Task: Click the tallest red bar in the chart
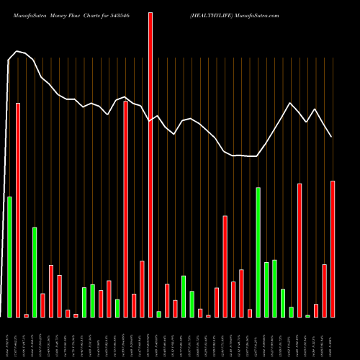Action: pyautogui.click(x=150, y=164)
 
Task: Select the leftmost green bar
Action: pyautogui.click(x=9, y=256)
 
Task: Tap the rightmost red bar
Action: pyautogui.click(x=333, y=248)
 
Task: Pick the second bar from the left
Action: pyautogui.click(x=18, y=210)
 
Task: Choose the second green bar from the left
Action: pyautogui.click(x=34, y=271)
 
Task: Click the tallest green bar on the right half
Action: pyautogui.click(x=258, y=252)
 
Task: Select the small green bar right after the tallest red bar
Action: pyautogui.click(x=158, y=314)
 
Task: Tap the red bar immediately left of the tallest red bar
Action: pyautogui.click(x=142, y=289)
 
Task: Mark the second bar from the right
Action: pyautogui.click(x=325, y=290)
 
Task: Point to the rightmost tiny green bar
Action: pyautogui.click(x=308, y=315)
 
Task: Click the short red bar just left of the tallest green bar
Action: pyautogui.click(x=250, y=313)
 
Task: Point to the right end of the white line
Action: pyautogui.click(x=331, y=136)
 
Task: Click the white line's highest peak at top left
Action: pyautogui.click(x=17, y=51)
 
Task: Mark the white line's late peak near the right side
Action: pyautogui.click(x=290, y=103)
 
